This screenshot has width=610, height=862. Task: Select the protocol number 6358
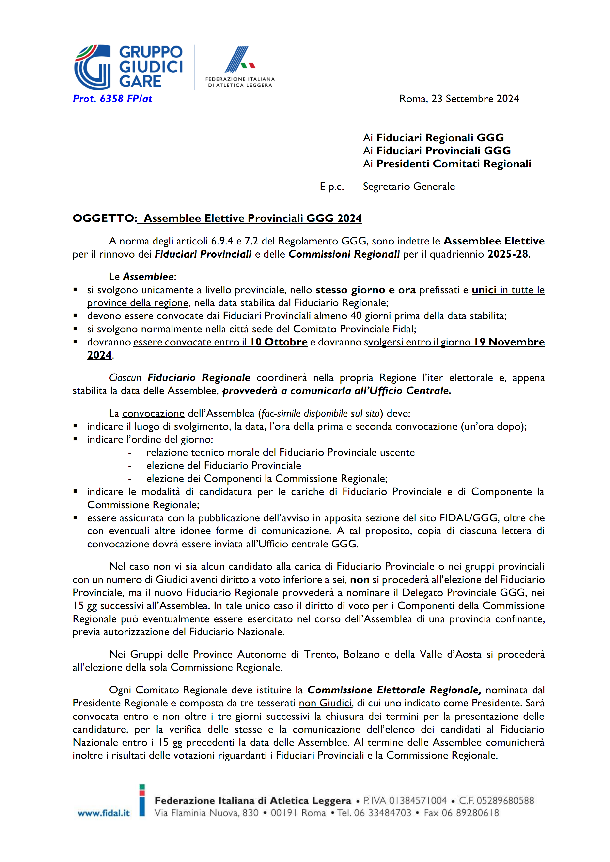click(x=112, y=99)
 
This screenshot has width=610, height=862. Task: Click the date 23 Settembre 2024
click(x=475, y=99)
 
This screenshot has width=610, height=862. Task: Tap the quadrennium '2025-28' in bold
click(x=507, y=254)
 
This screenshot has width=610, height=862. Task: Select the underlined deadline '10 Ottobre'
click(x=279, y=342)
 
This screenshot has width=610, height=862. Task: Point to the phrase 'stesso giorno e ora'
click(x=365, y=290)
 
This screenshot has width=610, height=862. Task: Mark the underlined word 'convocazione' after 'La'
click(x=153, y=413)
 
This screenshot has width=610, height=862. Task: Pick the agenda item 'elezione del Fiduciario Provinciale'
click(x=224, y=466)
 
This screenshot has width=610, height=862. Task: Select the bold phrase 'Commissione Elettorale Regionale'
click(x=394, y=690)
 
